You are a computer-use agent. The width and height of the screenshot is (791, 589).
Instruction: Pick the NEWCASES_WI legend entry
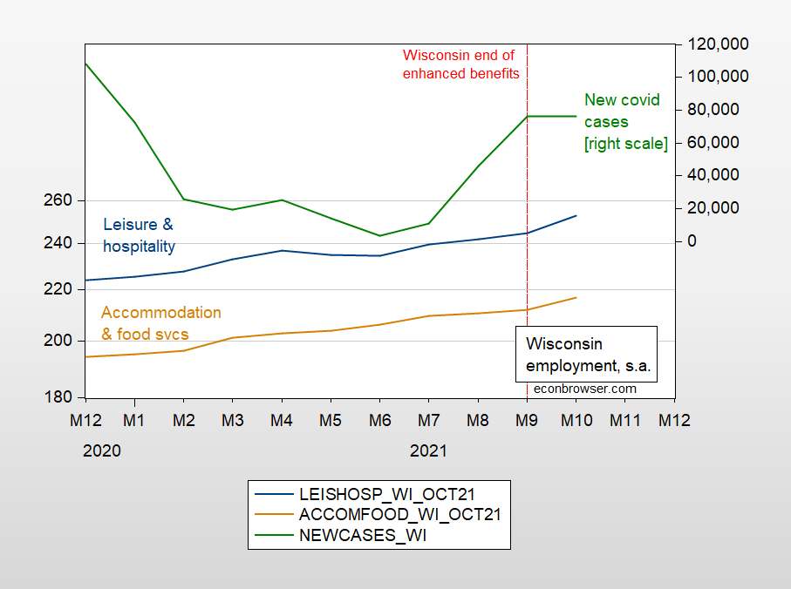(364, 536)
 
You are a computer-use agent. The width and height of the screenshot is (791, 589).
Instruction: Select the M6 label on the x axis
(379, 420)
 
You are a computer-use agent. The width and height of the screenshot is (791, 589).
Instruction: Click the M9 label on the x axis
(527, 420)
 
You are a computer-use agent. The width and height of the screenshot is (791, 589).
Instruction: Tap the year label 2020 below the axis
(102, 451)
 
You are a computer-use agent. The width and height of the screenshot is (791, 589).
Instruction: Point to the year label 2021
(428, 451)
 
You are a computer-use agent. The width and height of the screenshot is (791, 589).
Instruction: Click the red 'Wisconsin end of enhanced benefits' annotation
(460, 64)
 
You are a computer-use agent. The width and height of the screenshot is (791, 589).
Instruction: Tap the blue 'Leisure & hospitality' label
(139, 235)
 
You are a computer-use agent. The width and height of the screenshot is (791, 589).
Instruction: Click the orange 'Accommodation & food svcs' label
(160, 323)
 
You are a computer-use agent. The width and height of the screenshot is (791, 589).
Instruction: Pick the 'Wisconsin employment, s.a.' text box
(589, 354)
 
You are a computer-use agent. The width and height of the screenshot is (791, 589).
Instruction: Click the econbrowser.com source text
(585, 389)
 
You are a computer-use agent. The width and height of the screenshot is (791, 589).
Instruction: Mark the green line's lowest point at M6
(379, 235)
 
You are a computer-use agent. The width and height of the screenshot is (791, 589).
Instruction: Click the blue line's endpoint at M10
(576, 215)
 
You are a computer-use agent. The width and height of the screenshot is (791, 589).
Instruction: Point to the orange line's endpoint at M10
(576, 298)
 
